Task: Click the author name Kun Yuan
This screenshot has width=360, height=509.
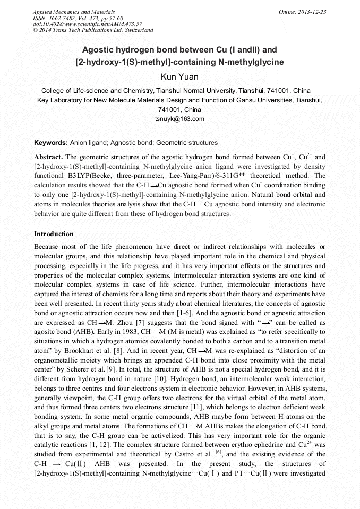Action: tap(179, 77)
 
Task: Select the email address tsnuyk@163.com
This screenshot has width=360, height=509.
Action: tap(179, 119)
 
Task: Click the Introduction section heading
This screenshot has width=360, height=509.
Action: tap(54, 234)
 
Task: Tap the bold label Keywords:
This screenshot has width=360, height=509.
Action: tap(51, 143)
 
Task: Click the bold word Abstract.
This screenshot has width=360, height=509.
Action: tap(48, 158)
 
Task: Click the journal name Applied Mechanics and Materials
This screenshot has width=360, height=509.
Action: tap(74, 12)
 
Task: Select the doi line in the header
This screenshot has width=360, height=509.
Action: tap(88, 24)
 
